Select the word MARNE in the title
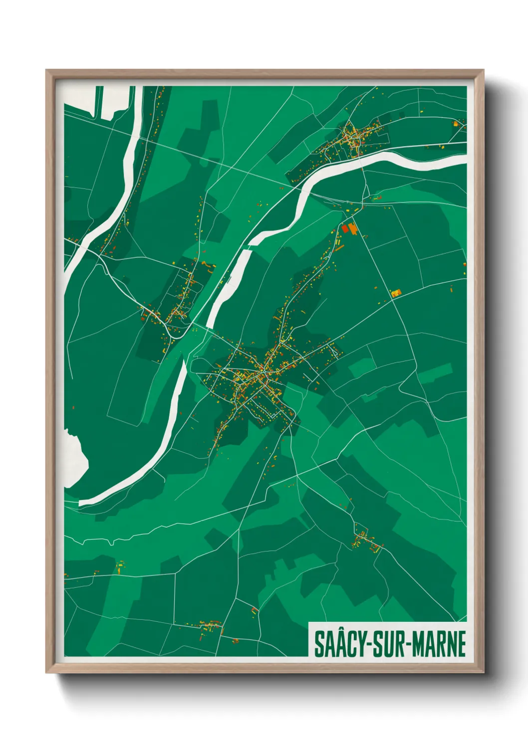click(x=439, y=644)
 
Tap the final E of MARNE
click(x=461, y=644)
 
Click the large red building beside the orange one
click(x=344, y=228)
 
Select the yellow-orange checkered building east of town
click(x=395, y=293)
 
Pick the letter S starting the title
click(x=318, y=644)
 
